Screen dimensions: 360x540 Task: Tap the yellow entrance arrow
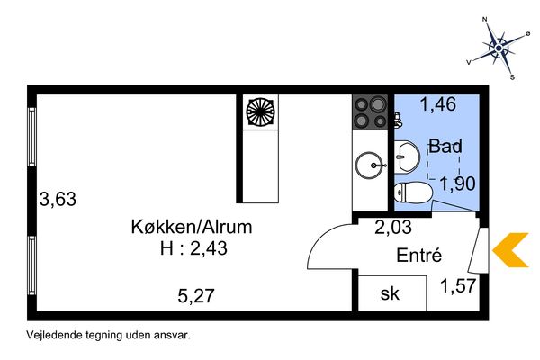(x=514, y=250)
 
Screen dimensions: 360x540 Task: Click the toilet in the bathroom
(x=413, y=191)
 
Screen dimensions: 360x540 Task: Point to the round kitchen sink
(x=369, y=165)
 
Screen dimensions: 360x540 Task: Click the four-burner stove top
(x=369, y=114)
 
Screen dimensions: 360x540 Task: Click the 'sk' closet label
(x=389, y=293)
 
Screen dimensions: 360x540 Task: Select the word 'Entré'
(x=419, y=256)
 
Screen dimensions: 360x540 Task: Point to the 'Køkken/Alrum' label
(x=191, y=227)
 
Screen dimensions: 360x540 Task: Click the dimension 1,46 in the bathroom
(x=437, y=104)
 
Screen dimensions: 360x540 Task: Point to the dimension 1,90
(x=455, y=184)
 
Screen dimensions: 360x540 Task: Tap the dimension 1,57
(x=458, y=287)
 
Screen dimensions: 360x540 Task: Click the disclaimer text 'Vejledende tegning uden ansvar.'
(x=110, y=333)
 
